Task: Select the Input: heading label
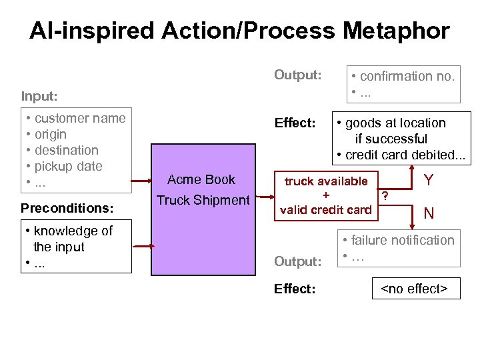[39, 96]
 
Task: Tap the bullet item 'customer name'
[79, 118]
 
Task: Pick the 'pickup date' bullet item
[68, 166]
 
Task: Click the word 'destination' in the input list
[66, 150]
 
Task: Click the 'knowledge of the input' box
[75, 247]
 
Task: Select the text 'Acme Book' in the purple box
[201, 179]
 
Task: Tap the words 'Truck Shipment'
[202, 200]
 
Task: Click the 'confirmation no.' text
[407, 76]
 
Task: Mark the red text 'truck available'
[326, 181]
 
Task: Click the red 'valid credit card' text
[326, 210]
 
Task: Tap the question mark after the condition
[385, 195]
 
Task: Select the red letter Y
[429, 179]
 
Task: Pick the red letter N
[429, 213]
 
